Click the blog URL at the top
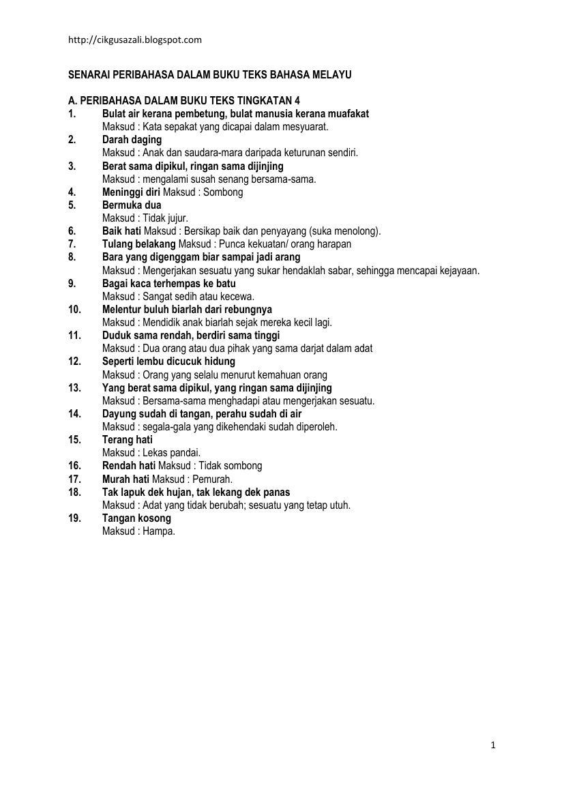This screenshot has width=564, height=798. (x=135, y=40)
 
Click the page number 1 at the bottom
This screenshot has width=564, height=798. (x=492, y=745)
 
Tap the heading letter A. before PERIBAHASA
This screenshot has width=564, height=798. (x=72, y=100)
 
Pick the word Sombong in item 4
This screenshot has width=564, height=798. (x=223, y=192)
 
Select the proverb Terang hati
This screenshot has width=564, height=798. (x=128, y=439)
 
